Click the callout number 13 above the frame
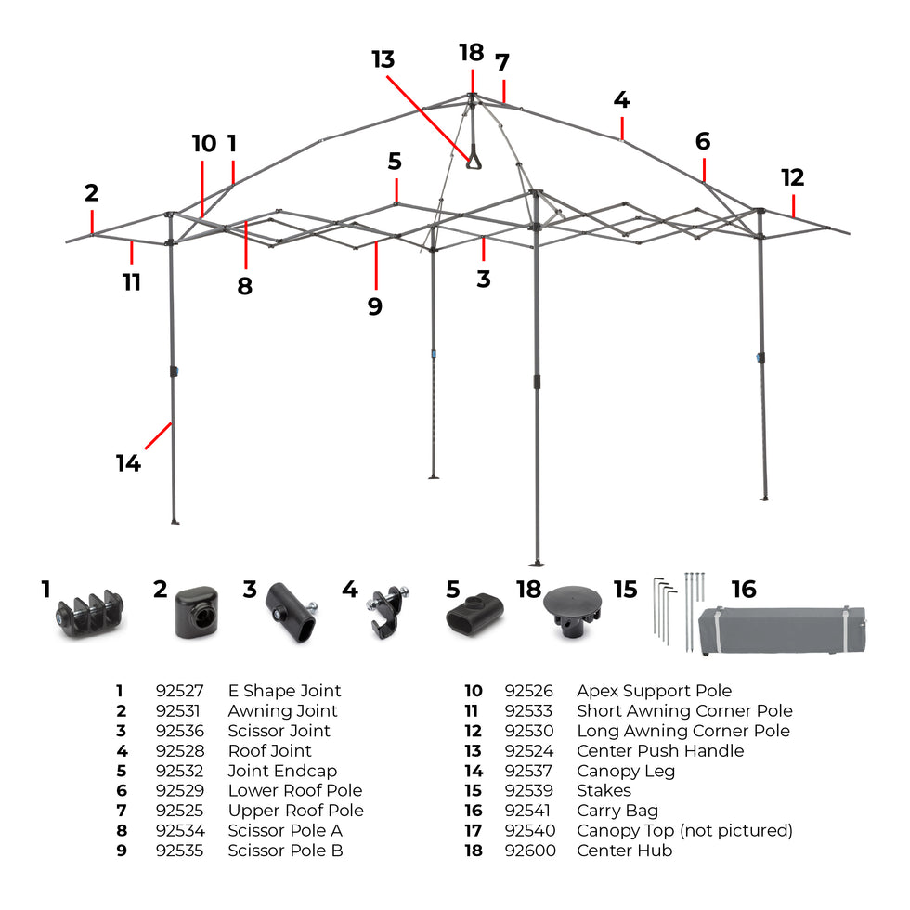(x=383, y=60)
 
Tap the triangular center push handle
(x=474, y=159)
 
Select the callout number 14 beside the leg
(x=128, y=462)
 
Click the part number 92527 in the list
(x=179, y=691)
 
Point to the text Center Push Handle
(x=659, y=750)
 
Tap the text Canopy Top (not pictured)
(x=684, y=830)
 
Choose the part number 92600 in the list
(x=528, y=851)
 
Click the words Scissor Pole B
(x=285, y=851)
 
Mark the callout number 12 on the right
(x=792, y=177)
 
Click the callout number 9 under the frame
(x=374, y=306)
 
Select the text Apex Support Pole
(x=654, y=691)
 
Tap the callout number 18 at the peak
(x=472, y=52)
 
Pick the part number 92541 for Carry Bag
(x=528, y=811)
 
